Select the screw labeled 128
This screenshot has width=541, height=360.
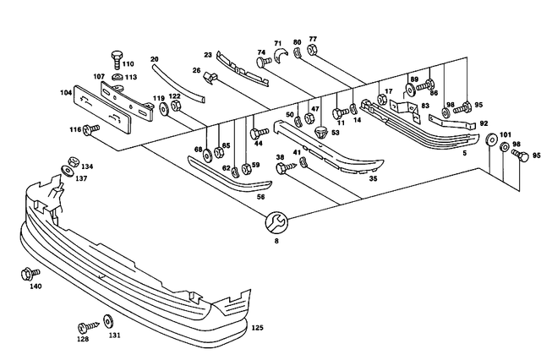(x=86, y=326)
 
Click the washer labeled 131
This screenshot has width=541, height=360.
(x=107, y=321)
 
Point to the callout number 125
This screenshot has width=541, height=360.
(x=258, y=327)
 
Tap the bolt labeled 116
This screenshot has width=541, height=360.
(x=91, y=128)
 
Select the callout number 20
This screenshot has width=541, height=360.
(x=155, y=59)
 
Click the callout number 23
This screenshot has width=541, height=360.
(x=207, y=56)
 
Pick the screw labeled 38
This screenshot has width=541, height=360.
(x=282, y=168)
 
